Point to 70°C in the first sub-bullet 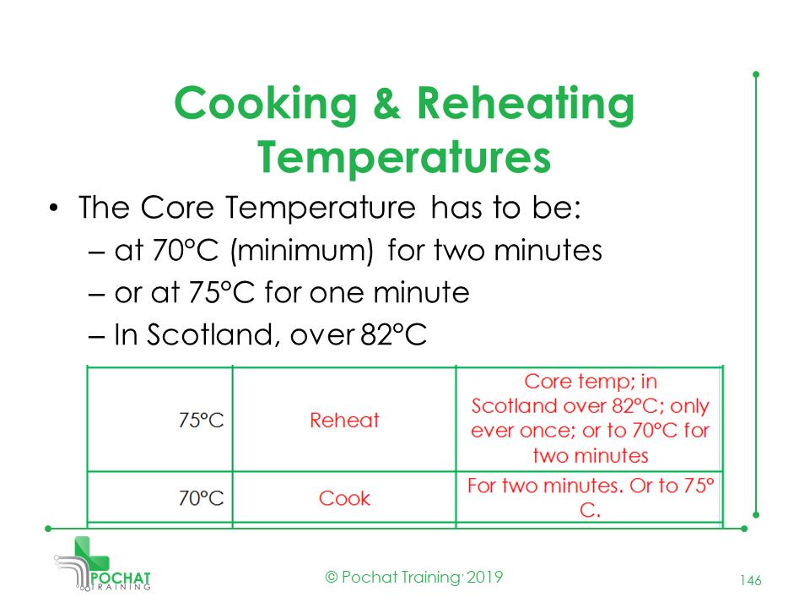point(185,251)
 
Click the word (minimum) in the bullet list point(310,251)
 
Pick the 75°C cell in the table point(202,420)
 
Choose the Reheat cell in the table point(344,420)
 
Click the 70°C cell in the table point(202,498)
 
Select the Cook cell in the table point(344,498)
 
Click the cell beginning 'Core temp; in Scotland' point(589,419)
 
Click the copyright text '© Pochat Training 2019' point(414,578)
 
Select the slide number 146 point(751,580)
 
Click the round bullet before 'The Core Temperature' point(54,209)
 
